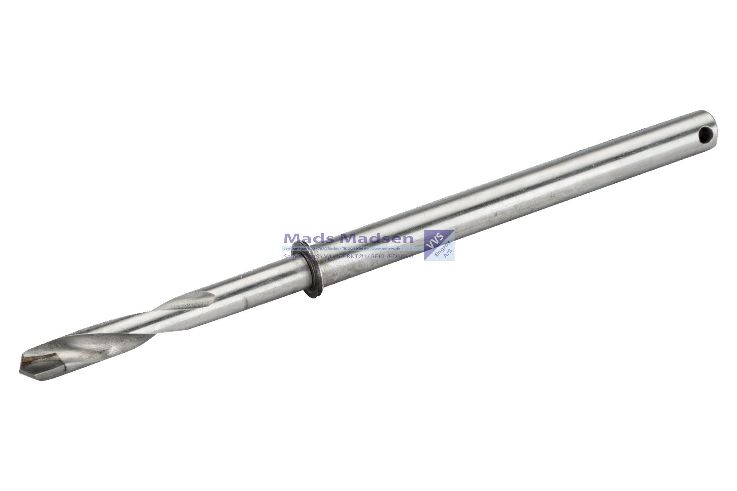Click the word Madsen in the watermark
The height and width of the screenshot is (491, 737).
pos(377,238)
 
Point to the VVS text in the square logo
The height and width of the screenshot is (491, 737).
pos(436,240)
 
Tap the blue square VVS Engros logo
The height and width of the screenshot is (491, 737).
pos(439,245)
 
